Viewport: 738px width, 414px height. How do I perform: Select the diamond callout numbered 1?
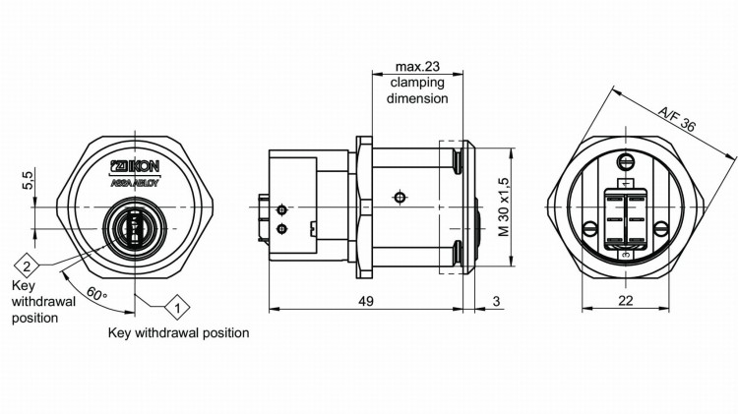point(176,308)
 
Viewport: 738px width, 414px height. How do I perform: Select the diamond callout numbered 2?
point(27,266)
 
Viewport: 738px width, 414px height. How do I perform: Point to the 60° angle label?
point(96,292)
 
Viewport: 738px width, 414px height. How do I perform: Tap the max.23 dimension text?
point(417,67)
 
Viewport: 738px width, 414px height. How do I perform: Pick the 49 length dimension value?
point(364,301)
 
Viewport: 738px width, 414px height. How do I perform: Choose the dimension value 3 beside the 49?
point(497,301)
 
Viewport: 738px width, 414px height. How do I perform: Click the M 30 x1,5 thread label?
point(503,208)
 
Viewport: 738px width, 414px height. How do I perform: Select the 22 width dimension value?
point(625,301)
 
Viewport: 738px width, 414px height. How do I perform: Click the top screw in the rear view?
point(625,161)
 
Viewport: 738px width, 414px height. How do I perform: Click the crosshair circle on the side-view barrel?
point(398,197)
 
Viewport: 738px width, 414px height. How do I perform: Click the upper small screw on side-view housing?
point(282,209)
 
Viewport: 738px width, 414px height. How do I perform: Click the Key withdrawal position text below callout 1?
point(178,333)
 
